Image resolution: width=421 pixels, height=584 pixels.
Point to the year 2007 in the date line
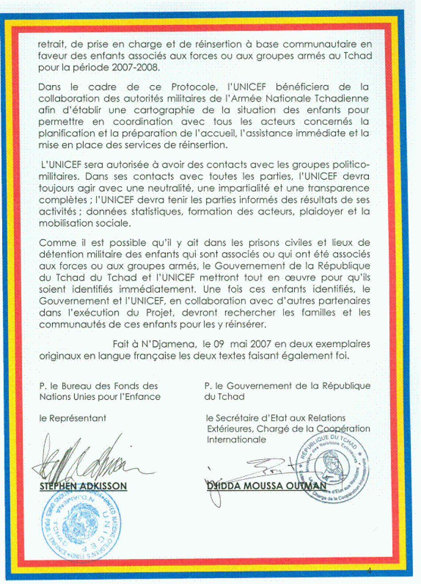click(x=261, y=344)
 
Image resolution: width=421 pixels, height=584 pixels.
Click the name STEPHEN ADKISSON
click(x=83, y=486)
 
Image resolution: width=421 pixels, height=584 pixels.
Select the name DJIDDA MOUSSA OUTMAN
click(x=266, y=486)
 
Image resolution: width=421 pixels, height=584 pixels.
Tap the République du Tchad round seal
click(x=333, y=468)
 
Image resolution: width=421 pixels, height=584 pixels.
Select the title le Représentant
click(x=73, y=418)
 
